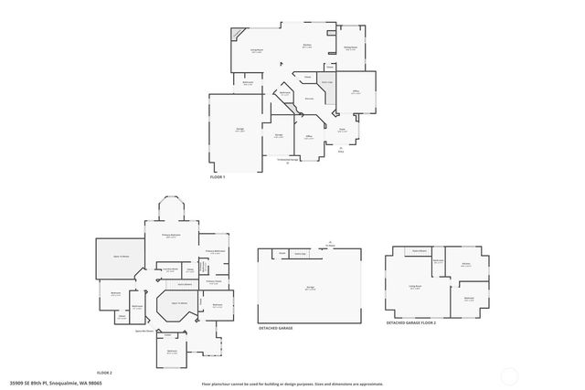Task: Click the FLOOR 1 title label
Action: [x=217, y=189]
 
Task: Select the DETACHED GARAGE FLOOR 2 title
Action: [x=411, y=323]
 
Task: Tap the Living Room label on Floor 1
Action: [x=258, y=51]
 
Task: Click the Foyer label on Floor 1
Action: [x=342, y=130]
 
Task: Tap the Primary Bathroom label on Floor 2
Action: [x=216, y=251]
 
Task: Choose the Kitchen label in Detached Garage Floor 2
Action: [x=465, y=264]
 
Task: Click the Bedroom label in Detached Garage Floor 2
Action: [x=468, y=298]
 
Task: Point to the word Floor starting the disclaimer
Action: [x=206, y=384]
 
